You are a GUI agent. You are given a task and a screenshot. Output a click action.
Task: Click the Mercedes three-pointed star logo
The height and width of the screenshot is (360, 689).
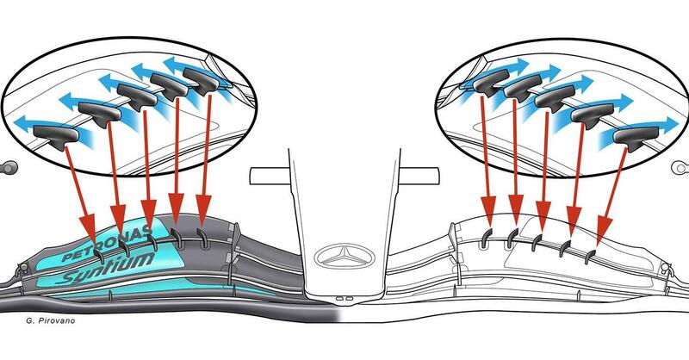[x=344, y=257]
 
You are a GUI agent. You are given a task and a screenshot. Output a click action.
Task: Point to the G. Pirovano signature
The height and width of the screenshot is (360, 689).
[x=51, y=321]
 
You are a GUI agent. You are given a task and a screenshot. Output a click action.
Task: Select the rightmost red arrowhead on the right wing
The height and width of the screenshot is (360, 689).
[x=605, y=231]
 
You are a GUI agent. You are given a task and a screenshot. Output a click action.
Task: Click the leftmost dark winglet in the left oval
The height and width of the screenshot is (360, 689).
[x=56, y=136]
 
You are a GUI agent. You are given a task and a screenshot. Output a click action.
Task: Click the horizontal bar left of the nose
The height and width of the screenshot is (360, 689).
[x=270, y=176]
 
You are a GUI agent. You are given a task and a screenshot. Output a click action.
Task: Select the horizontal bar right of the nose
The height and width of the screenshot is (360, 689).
[x=419, y=176]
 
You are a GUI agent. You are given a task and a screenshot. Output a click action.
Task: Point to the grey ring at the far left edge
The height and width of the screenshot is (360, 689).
[x=9, y=167]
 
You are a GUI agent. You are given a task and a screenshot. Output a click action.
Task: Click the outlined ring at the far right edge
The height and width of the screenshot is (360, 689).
[x=680, y=167]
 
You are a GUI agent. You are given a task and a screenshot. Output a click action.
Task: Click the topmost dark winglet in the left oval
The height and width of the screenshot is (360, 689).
[x=201, y=81]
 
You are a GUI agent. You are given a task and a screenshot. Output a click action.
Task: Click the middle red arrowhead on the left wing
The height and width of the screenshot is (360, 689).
[x=148, y=214]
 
